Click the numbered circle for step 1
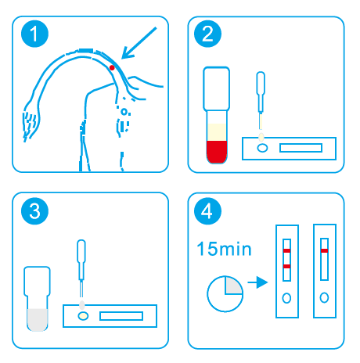click(x=34, y=34)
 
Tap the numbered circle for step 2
click(x=207, y=34)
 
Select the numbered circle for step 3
click(x=34, y=211)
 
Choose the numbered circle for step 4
click(x=207, y=211)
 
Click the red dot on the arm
click(x=112, y=68)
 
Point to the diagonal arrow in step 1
click(x=139, y=43)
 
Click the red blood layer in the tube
click(x=217, y=152)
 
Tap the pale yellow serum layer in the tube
click(x=217, y=132)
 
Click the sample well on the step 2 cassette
click(x=262, y=148)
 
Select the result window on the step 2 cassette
click(x=301, y=148)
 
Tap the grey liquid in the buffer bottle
click(x=38, y=320)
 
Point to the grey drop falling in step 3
click(x=82, y=305)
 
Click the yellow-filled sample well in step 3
click(x=83, y=316)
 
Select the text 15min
click(x=224, y=249)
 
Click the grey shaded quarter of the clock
click(x=232, y=286)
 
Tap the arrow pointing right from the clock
click(x=257, y=282)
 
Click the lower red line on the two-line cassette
click(x=286, y=266)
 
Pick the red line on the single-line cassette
click(x=324, y=251)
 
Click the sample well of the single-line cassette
click(x=324, y=297)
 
